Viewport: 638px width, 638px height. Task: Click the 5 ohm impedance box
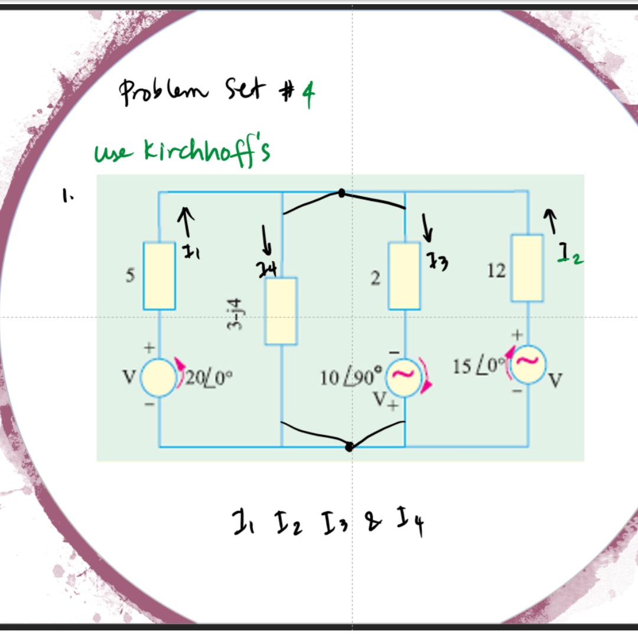[159, 275]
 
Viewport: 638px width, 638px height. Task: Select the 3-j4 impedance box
[281, 311]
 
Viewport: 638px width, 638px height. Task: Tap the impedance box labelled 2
[404, 275]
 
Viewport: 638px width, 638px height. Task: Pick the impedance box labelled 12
[528, 268]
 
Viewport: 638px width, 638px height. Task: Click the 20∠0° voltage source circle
[158, 376]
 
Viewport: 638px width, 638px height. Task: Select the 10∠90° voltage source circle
[404, 376]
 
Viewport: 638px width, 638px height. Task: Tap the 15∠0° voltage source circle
[529, 364]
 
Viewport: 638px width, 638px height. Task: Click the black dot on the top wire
[341, 193]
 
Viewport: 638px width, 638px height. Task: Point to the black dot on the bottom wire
[349, 447]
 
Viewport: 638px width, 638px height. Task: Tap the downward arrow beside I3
[425, 228]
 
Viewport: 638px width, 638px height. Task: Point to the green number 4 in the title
[307, 96]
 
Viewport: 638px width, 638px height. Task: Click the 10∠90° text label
[351, 376]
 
